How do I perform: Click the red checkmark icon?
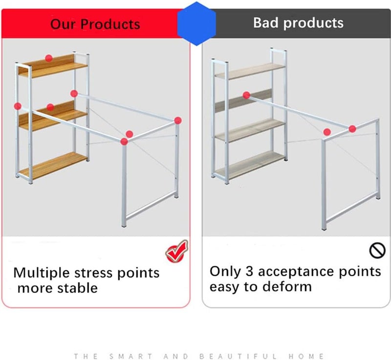tap(177, 251)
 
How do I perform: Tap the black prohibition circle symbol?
tap(377, 250)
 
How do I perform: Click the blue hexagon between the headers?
tap(196, 23)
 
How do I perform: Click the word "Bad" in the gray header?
tap(266, 22)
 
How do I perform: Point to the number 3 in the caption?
tap(249, 271)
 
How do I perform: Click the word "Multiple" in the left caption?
tap(42, 273)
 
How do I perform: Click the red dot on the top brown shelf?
tap(49, 58)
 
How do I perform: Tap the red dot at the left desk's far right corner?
tap(178, 120)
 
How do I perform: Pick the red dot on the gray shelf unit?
tap(246, 95)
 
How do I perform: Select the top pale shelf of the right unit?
tap(250, 70)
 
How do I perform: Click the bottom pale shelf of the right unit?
tap(249, 164)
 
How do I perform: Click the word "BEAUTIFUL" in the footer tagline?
tap(238, 356)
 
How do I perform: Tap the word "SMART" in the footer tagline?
tap(131, 356)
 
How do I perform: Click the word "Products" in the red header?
tap(110, 24)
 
